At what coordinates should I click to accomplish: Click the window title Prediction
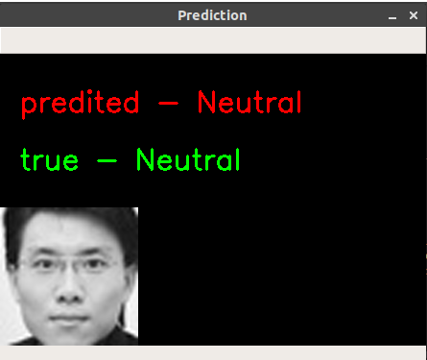pyautogui.click(x=212, y=15)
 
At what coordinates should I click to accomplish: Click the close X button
pyautogui.click(x=413, y=16)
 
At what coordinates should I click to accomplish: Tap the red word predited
pyautogui.click(x=79, y=103)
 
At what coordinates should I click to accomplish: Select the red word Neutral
pyautogui.click(x=249, y=102)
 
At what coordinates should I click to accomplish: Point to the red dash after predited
pyautogui.click(x=168, y=103)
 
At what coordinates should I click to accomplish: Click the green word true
pyautogui.click(x=48, y=159)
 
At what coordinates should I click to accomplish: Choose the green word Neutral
pyautogui.click(x=187, y=159)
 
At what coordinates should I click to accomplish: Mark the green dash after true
pyautogui.click(x=107, y=160)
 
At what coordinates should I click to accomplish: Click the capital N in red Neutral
pyautogui.click(x=207, y=102)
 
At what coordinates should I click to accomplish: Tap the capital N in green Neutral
pyautogui.click(x=145, y=159)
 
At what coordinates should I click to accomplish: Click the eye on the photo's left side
pyautogui.click(x=44, y=262)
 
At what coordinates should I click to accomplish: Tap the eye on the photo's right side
pyautogui.click(x=92, y=261)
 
